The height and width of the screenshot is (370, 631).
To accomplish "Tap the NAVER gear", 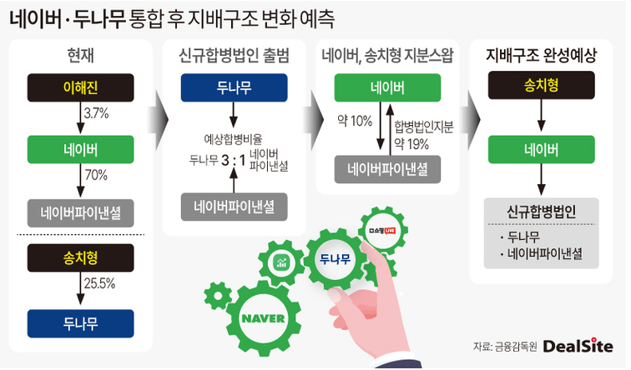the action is pos(265,318).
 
